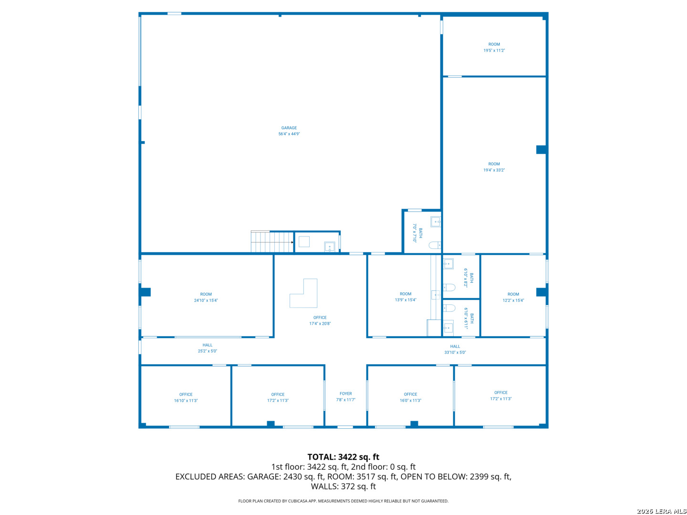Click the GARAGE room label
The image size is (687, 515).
(289, 128)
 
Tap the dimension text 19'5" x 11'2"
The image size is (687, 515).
(494, 51)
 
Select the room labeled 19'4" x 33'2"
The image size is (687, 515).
(494, 167)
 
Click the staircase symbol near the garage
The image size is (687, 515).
(271, 242)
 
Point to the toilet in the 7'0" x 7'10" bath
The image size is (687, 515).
(435, 245)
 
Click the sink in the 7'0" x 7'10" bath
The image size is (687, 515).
(436, 222)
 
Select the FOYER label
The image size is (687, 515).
(345, 394)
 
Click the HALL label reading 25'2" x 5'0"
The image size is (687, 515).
(207, 348)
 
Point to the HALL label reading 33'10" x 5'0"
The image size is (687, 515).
(455, 350)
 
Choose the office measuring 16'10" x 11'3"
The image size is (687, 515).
(186, 398)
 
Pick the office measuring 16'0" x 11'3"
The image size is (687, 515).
(410, 398)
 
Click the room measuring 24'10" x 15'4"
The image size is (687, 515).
(206, 298)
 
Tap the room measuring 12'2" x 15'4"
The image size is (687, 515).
(513, 298)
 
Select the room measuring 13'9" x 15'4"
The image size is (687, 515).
(406, 297)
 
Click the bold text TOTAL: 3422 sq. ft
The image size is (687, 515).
(343, 457)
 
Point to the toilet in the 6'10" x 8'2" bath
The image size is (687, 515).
(448, 287)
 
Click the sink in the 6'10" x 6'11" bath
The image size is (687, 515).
(448, 328)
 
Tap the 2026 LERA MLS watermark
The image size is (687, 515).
(661, 511)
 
